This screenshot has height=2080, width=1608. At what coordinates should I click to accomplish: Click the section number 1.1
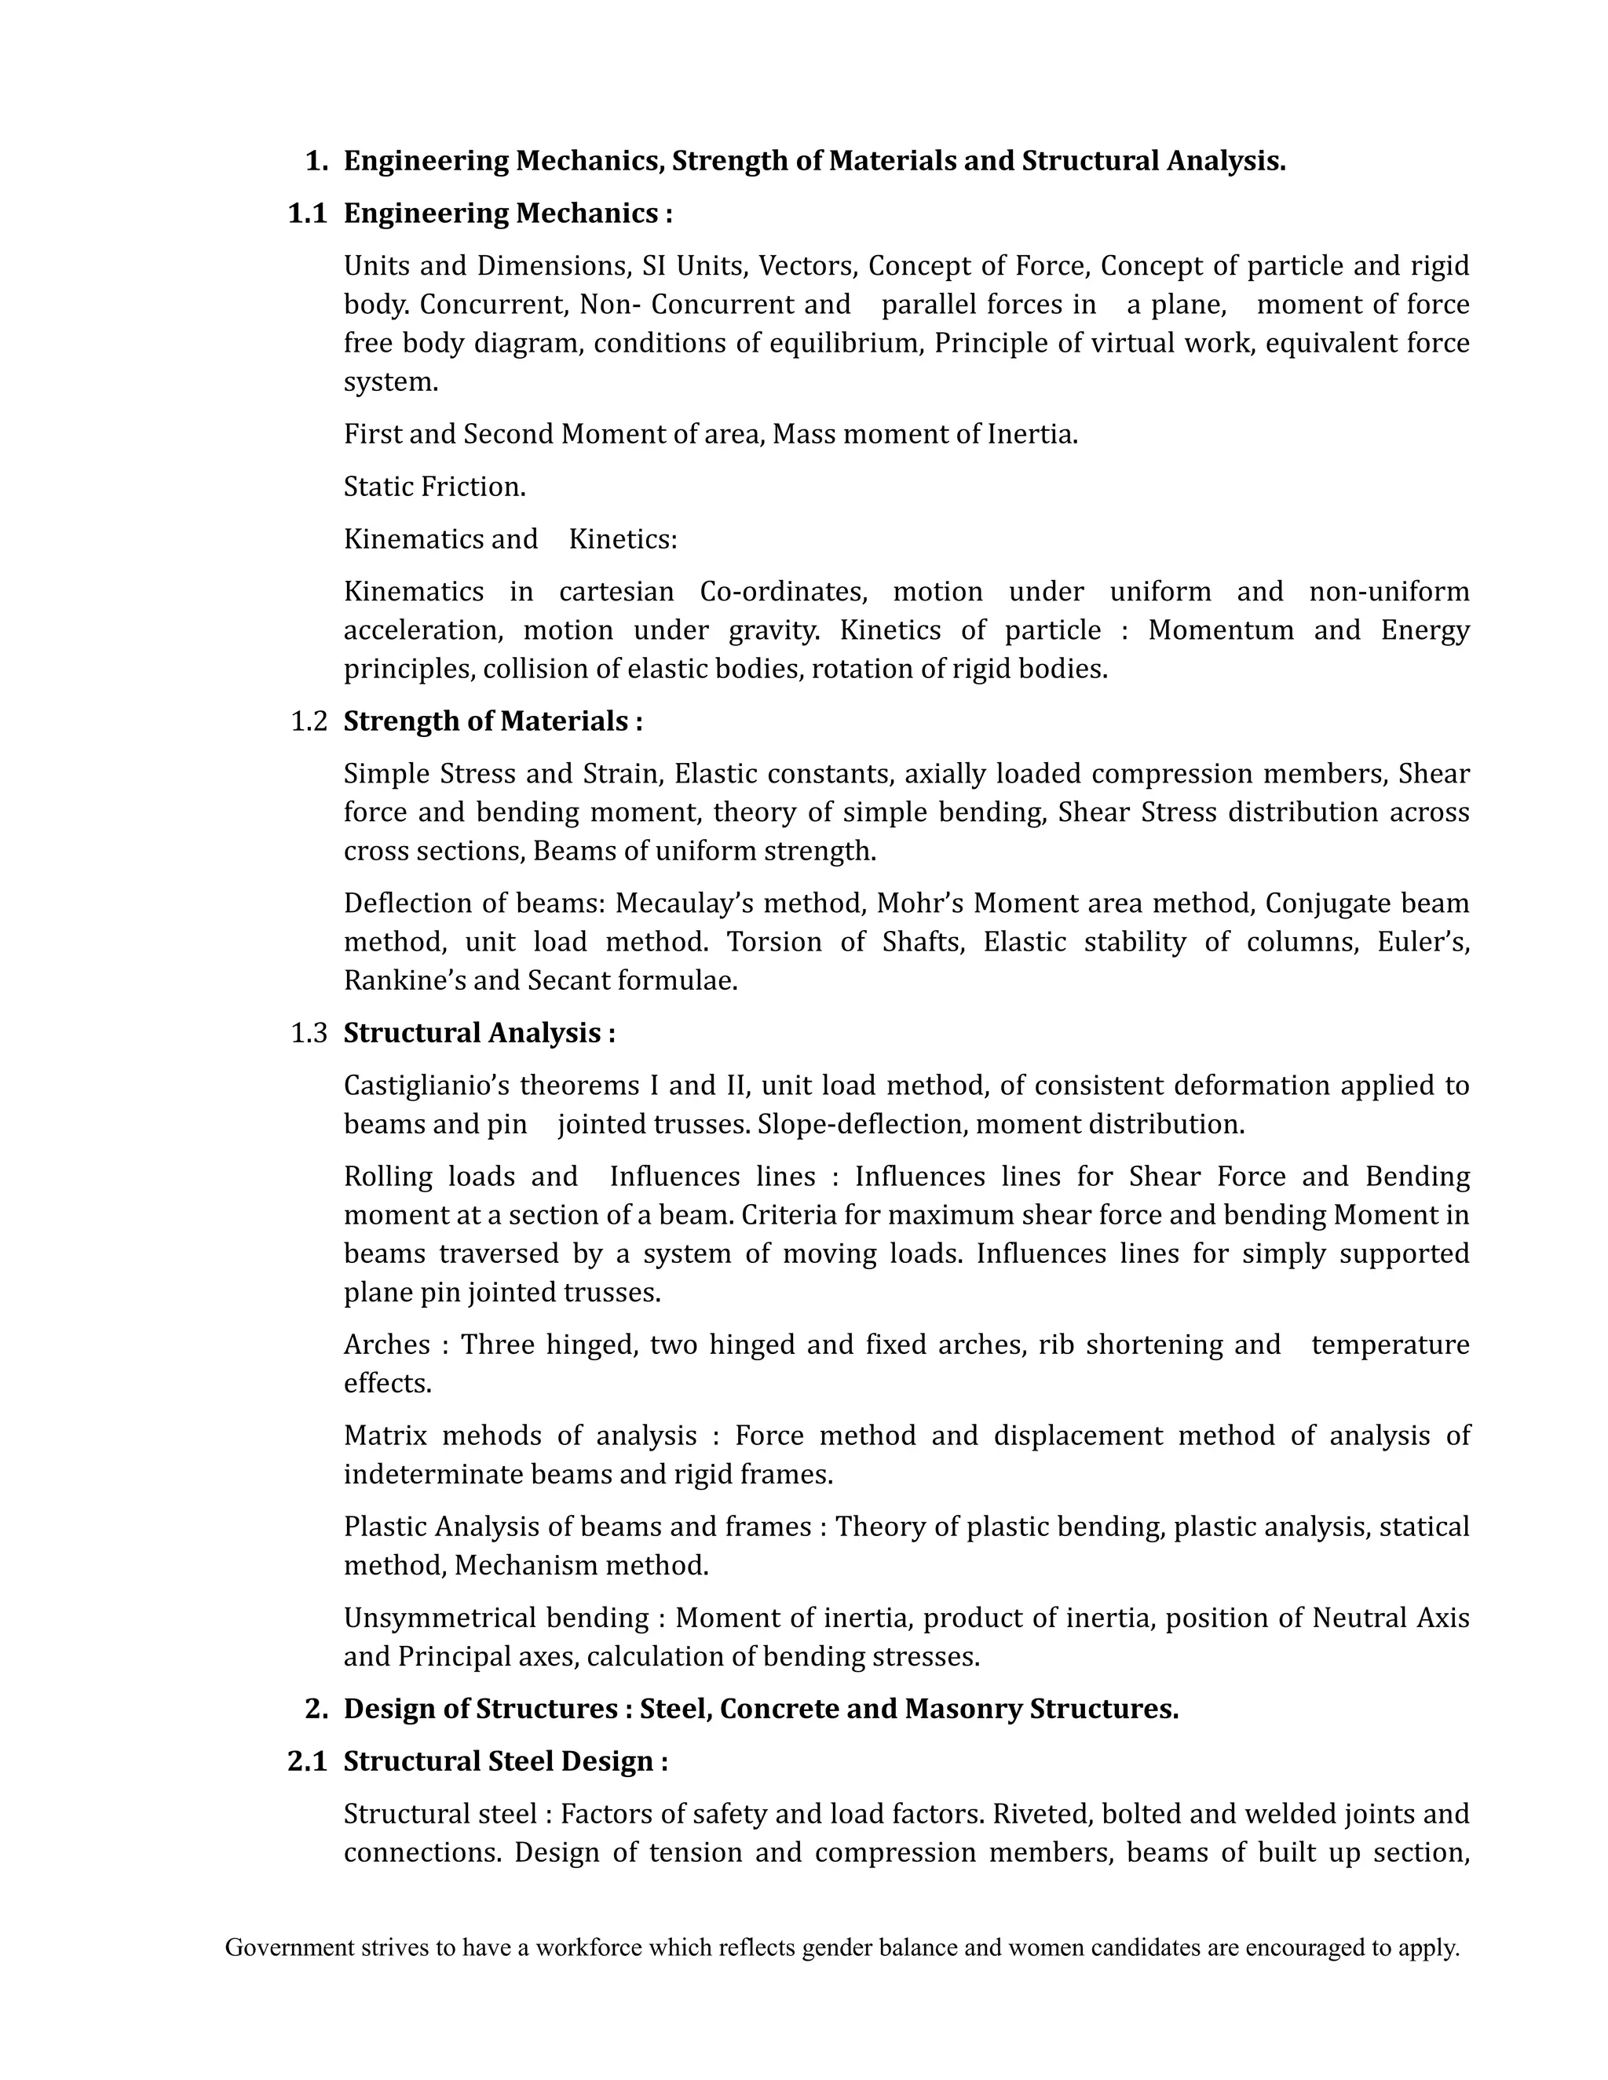point(307,213)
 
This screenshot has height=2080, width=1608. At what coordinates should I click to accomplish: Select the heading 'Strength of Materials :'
point(492,721)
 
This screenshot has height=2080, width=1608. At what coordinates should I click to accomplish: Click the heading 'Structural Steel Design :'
point(505,1761)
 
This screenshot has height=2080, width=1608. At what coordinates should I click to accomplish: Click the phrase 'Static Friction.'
point(434,487)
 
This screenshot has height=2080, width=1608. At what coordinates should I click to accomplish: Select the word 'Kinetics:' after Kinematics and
point(623,539)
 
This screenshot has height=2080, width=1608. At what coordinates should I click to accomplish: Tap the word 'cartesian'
point(616,592)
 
